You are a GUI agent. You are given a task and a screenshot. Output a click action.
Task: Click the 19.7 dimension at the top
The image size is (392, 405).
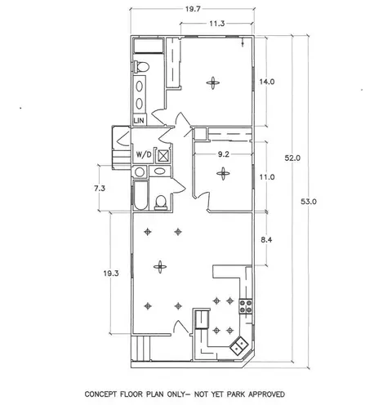193,9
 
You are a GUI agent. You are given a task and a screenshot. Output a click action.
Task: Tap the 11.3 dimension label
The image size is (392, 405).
217,24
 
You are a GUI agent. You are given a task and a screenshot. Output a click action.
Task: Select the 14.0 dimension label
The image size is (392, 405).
267,82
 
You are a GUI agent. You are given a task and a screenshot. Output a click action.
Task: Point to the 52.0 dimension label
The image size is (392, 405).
292,158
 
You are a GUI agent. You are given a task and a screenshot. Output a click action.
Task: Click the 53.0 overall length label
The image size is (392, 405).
309,202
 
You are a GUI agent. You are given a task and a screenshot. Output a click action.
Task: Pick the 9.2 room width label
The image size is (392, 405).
224,154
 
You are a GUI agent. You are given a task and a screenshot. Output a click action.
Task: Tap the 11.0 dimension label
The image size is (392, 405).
267,177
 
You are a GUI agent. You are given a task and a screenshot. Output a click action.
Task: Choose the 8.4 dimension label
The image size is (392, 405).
266,240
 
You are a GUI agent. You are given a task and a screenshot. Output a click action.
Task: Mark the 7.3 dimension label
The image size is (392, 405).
100,189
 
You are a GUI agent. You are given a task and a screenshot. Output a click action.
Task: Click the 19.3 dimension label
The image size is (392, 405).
111,274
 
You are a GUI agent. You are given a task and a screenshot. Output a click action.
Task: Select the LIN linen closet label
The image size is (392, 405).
139,120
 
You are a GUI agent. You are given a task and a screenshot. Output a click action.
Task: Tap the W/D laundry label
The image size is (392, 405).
144,155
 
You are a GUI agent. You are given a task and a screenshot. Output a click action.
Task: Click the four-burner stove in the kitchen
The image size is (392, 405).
246,306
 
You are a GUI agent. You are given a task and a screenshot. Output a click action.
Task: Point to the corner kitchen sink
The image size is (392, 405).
239,345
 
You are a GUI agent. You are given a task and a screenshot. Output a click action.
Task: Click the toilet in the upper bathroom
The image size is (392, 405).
141,67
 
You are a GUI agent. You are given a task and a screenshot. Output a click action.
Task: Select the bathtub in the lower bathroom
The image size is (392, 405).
140,196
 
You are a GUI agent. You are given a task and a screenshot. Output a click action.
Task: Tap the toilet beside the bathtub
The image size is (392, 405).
161,202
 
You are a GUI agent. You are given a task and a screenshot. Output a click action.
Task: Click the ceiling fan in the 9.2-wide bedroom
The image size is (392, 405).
223,173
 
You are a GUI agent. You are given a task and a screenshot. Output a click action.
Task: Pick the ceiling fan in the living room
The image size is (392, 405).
160,267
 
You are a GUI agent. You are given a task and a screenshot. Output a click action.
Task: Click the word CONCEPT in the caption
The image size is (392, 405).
101,394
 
